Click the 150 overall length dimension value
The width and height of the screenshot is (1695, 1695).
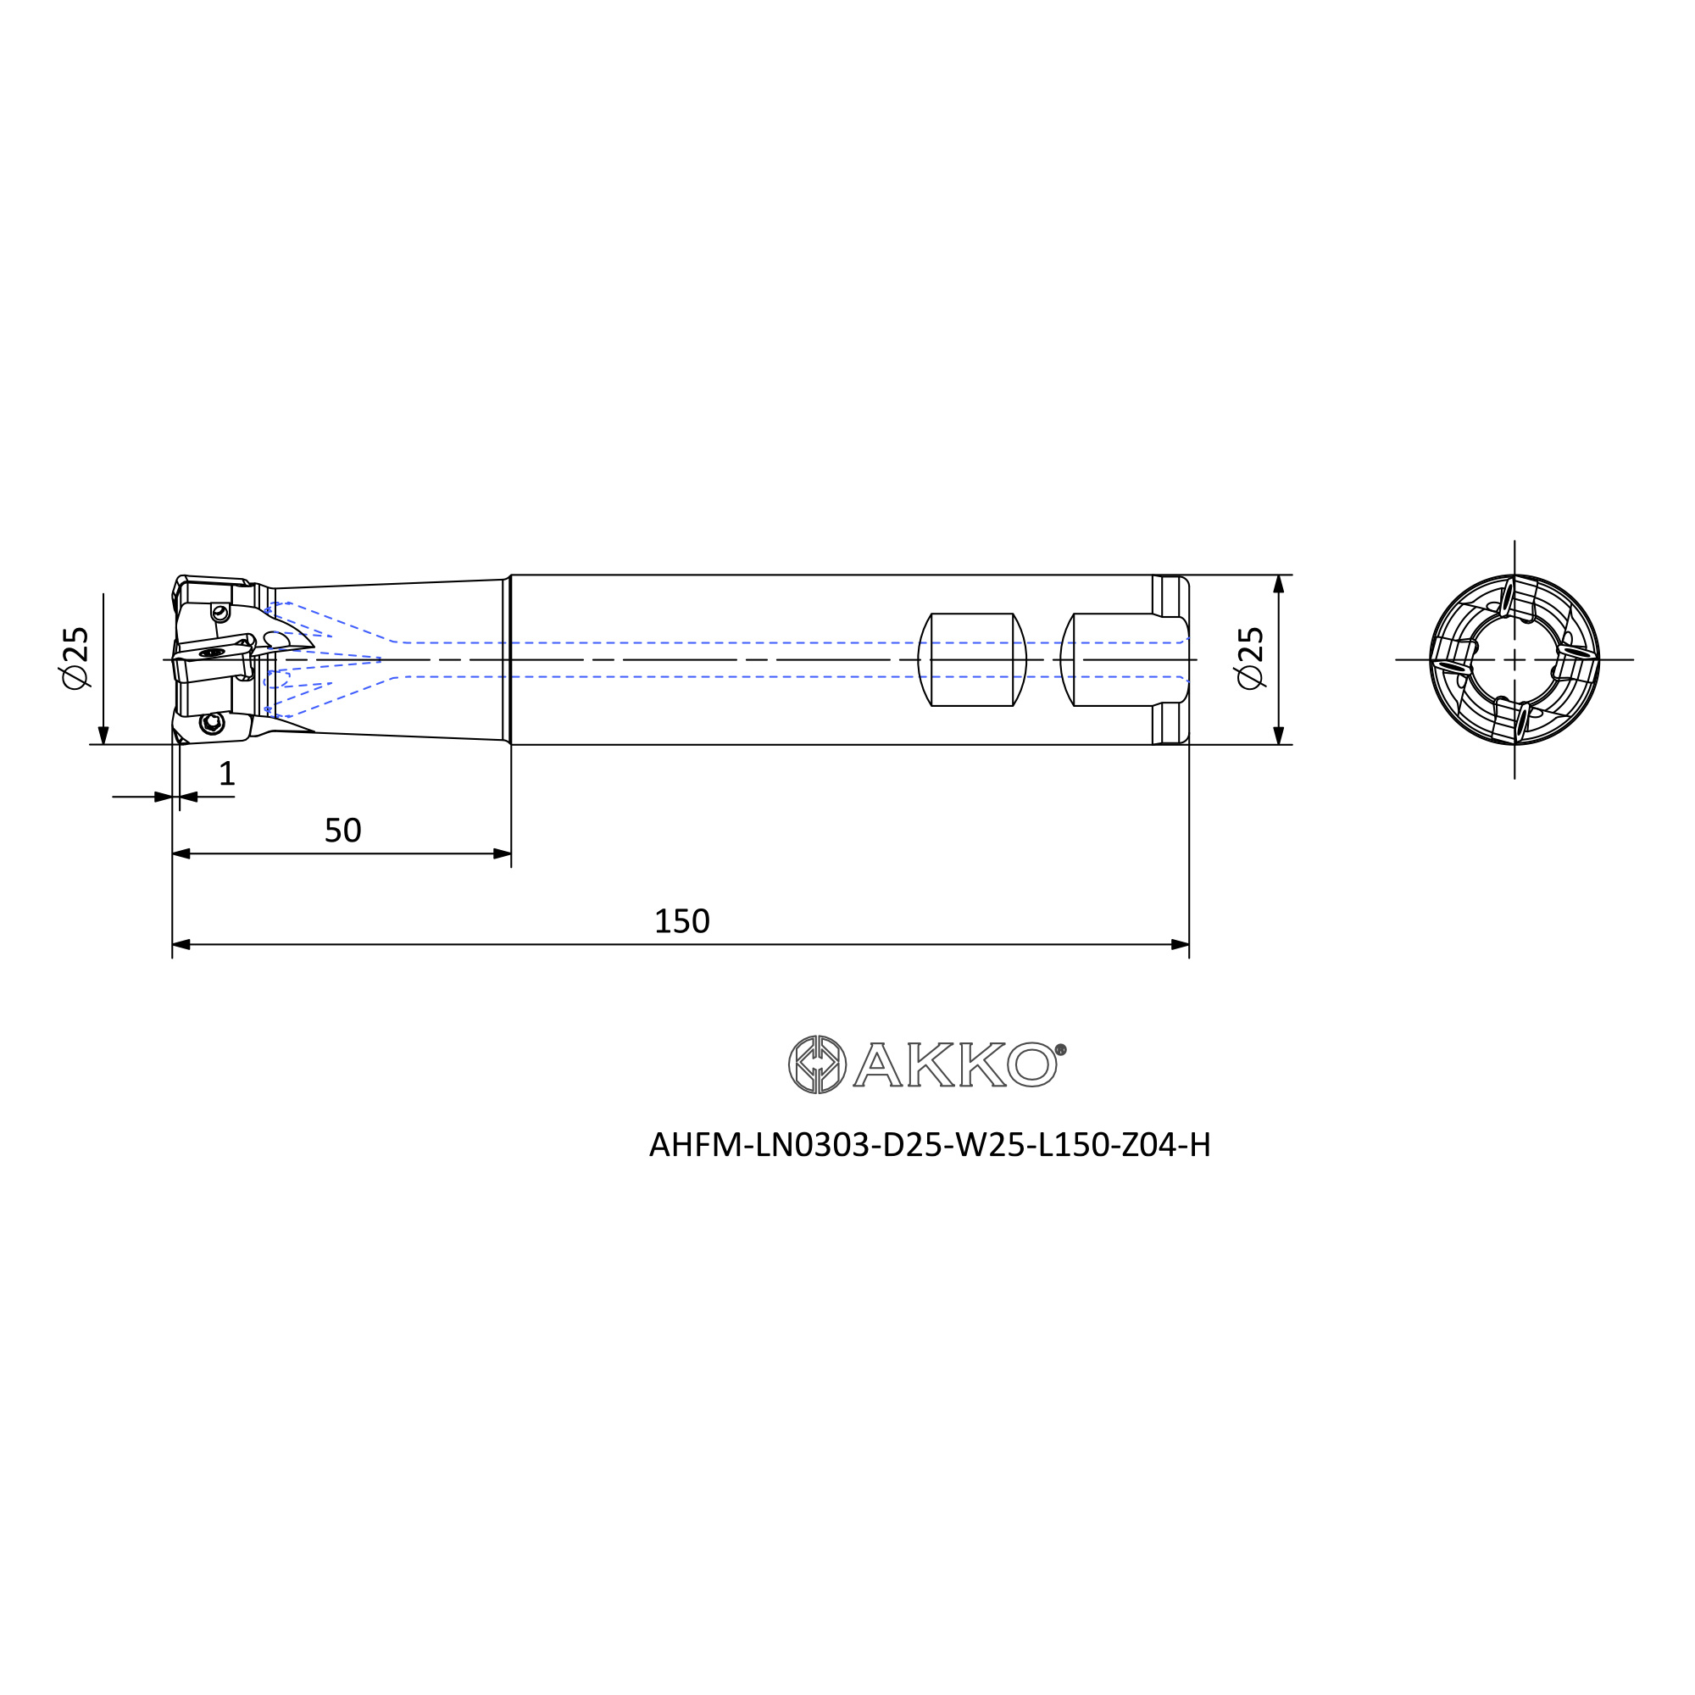pos(681,921)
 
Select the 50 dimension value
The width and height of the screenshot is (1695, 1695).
pos(343,830)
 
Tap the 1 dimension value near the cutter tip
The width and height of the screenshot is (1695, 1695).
pos(226,773)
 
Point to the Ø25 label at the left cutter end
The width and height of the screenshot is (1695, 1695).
pos(75,657)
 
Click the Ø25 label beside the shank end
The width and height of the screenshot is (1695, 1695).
pos(1249,657)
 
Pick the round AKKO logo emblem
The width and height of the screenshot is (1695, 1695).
pos(817,1064)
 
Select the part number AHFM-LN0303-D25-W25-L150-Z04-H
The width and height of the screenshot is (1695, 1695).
pos(930,1145)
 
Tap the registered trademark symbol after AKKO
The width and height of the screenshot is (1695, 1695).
pos(1061,1049)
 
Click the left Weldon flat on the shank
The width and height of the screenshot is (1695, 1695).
pos(972,659)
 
